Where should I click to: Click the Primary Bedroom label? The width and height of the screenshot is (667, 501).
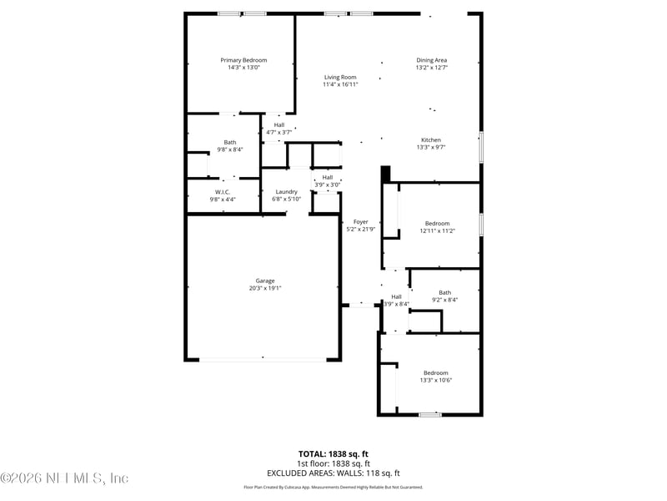[243, 60]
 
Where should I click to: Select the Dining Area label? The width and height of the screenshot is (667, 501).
[432, 60]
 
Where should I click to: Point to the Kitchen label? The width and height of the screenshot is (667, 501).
[430, 139]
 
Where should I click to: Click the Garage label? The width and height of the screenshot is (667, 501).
[265, 281]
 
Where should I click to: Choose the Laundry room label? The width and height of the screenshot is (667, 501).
[286, 192]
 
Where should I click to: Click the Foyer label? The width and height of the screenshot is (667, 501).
[360, 221]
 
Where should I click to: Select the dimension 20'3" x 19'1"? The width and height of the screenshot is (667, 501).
[265, 288]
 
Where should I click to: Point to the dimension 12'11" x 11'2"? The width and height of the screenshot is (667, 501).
[437, 231]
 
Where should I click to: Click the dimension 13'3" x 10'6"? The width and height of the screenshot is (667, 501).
[435, 381]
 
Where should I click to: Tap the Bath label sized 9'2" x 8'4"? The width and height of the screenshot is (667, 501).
[444, 292]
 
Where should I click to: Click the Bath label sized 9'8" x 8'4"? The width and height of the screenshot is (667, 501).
[229, 142]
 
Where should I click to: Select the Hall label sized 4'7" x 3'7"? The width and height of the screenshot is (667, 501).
[278, 124]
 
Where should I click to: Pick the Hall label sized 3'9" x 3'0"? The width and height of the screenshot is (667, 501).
[328, 177]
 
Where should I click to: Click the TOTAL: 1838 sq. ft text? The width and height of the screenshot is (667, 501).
[333, 454]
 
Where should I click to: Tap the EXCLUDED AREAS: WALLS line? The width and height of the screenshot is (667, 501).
[333, 472]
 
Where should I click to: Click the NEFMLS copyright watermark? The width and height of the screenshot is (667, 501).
[64, 478]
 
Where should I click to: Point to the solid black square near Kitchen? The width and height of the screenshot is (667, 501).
[385, 173]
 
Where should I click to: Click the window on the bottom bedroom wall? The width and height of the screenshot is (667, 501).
[430, 414]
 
